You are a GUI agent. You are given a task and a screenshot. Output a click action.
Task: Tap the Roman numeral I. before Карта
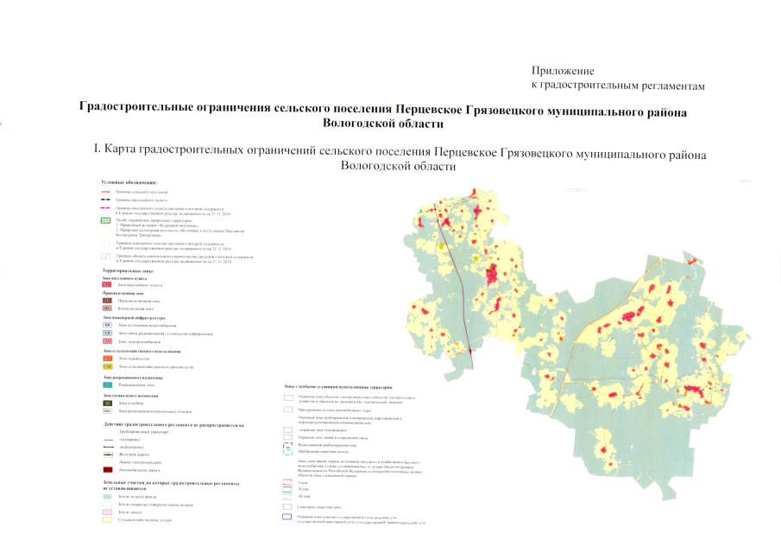pyautogui.click(x=98, y=150)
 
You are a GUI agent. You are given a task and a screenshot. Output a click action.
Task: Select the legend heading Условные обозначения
pyautogui.click(x=129, y=182)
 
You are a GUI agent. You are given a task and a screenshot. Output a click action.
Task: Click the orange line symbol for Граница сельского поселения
pyautogui.click(x=106, y=191)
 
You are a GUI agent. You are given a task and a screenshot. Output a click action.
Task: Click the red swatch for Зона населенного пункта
pyautogui.click(x=106, y=283)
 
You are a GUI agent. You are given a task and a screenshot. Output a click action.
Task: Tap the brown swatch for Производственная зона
pyautogui.click(x=106, y=299)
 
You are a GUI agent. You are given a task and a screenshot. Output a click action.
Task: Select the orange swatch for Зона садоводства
pyautogui.click(x=108, y=358)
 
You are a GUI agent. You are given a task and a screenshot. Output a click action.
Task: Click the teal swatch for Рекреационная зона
pyautogui.click(x=108, y=385)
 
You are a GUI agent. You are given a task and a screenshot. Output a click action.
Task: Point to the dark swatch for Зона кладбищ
pyautogui.click(x=108, y=404)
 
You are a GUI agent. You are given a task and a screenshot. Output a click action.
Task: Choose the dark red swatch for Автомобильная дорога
pyautogui.click(x=108, y=468)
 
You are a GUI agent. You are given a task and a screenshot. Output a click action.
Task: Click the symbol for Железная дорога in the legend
pyautogui.click(x=108, y=450)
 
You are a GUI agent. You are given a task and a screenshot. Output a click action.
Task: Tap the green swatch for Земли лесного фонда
pyautogui.click(x=108, y=497)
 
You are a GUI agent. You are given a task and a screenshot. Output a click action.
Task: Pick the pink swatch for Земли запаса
pyautogui.click(x=108, y=512)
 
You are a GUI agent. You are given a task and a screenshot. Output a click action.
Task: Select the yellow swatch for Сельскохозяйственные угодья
pyautogui.click(x=108, y=520)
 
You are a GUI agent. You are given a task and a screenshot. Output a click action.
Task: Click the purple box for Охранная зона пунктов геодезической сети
pyautogui.click(x=287, y=517)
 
